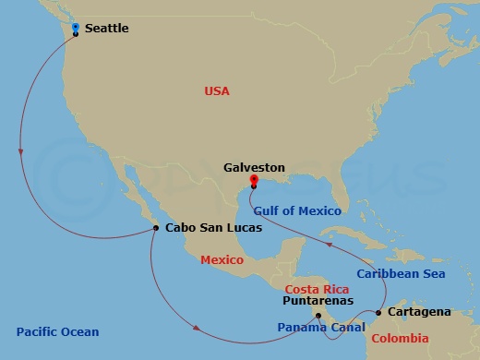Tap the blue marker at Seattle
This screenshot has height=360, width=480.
click(76, 28)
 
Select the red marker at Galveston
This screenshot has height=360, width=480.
click(254, 181)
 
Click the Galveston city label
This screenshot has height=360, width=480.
click(254, 169)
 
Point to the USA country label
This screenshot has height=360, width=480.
click(217, 90)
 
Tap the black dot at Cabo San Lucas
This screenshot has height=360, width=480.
click(156, 228)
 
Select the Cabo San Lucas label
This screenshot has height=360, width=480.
click(208, 228)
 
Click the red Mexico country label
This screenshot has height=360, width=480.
click(222, 260)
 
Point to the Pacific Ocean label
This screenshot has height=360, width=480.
click(57, 332)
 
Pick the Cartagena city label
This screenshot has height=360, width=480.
click(420, 312)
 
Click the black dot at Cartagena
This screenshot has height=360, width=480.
click(378, 313)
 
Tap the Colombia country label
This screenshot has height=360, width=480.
click(401, 338)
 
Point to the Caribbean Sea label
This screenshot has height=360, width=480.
click(402, 274)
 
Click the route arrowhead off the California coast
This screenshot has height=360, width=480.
click(20, 153)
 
